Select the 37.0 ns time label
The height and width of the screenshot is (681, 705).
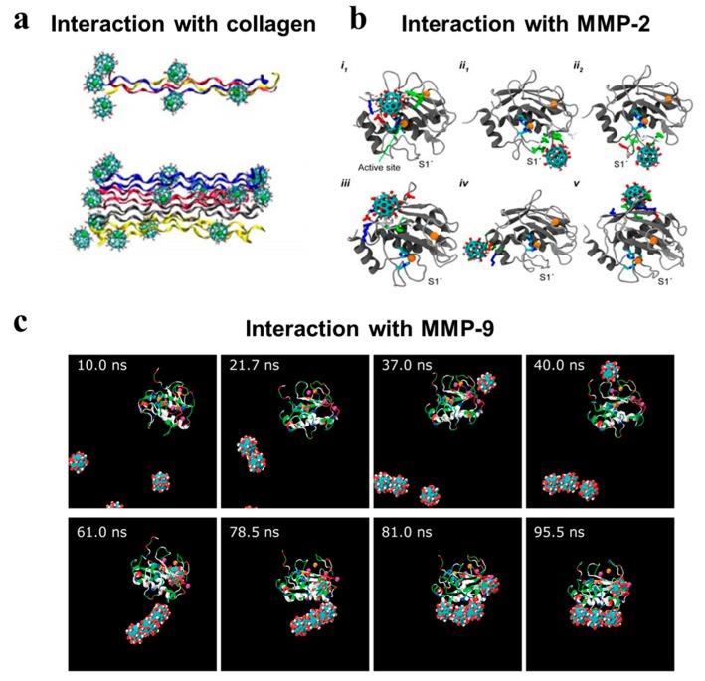click(x=403, y=365)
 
